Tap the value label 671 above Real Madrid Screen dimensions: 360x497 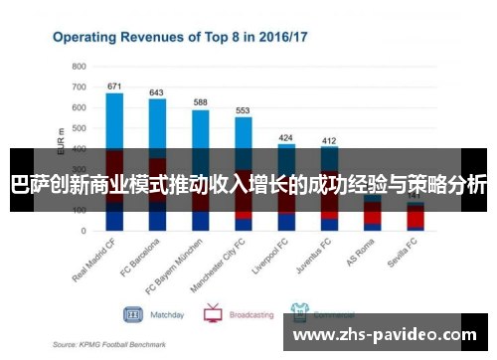(114, 86)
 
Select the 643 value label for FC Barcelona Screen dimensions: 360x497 (157, 92)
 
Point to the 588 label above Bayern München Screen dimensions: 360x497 (201, 102)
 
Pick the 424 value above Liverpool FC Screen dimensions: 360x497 (286, 136)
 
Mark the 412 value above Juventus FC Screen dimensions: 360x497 (329, 140)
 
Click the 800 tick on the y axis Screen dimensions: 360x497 (80, 66)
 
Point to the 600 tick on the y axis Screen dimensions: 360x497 (80, 107)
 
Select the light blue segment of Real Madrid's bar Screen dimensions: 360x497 (114, 119)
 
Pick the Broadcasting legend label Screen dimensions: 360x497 (251, 314)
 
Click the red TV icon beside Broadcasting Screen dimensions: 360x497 (212, 313)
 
